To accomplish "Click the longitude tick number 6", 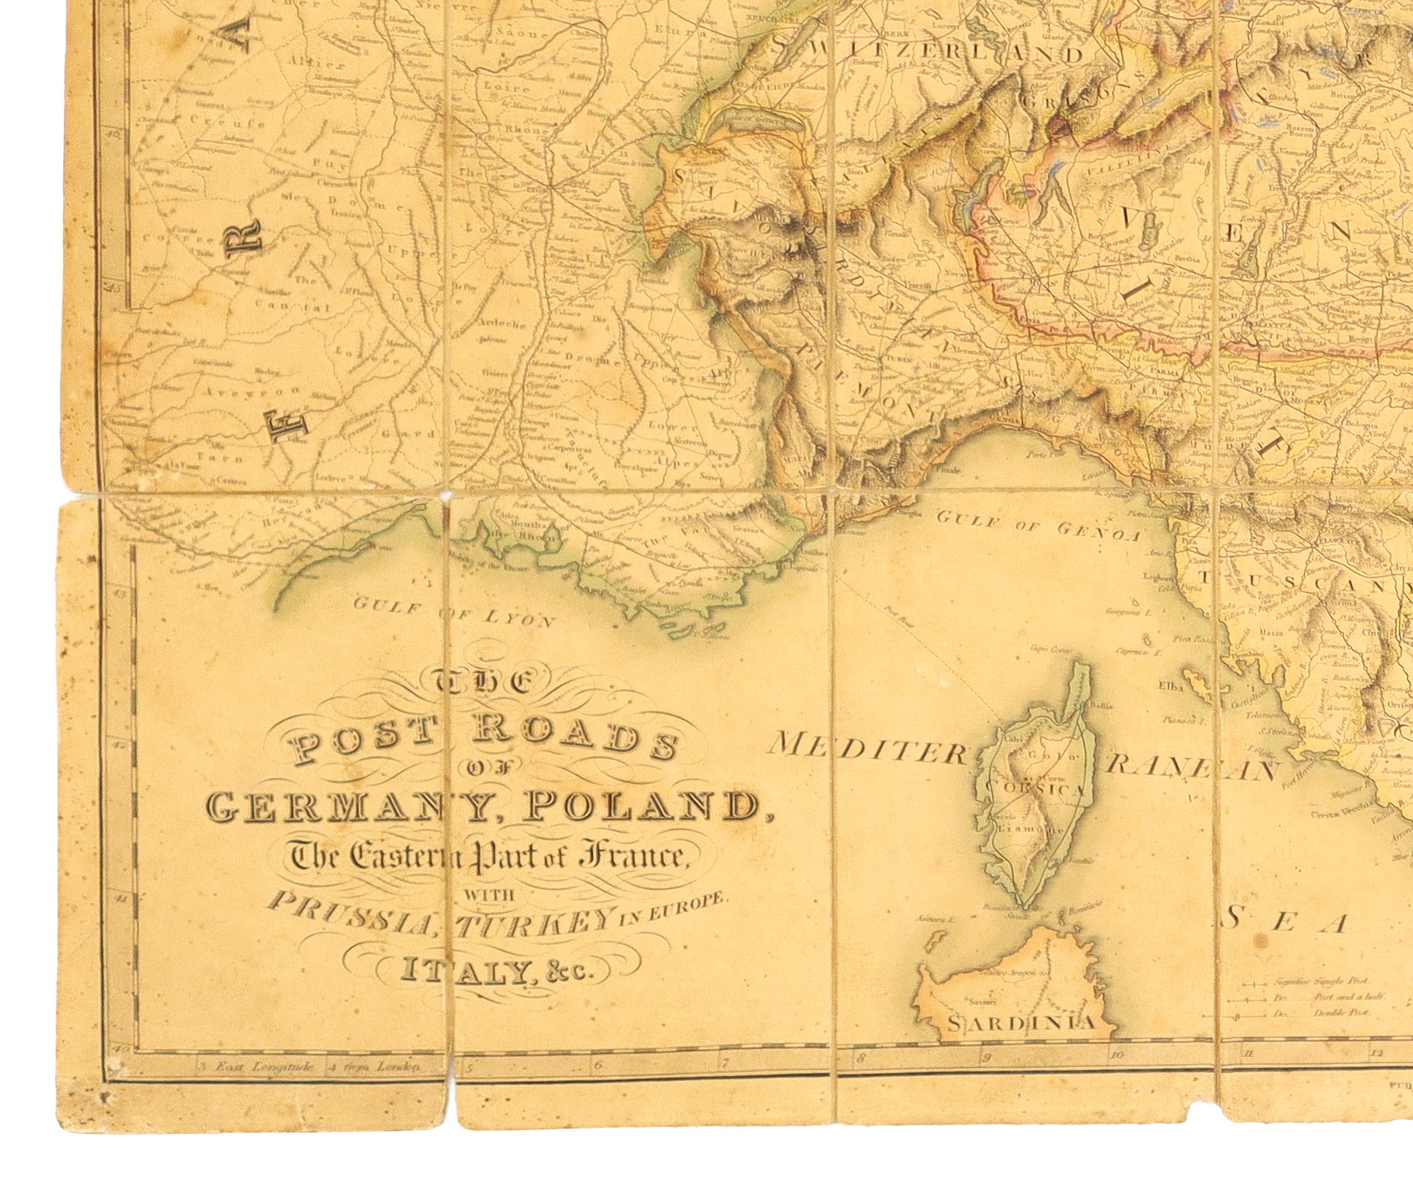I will (x=598, y=1066).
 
